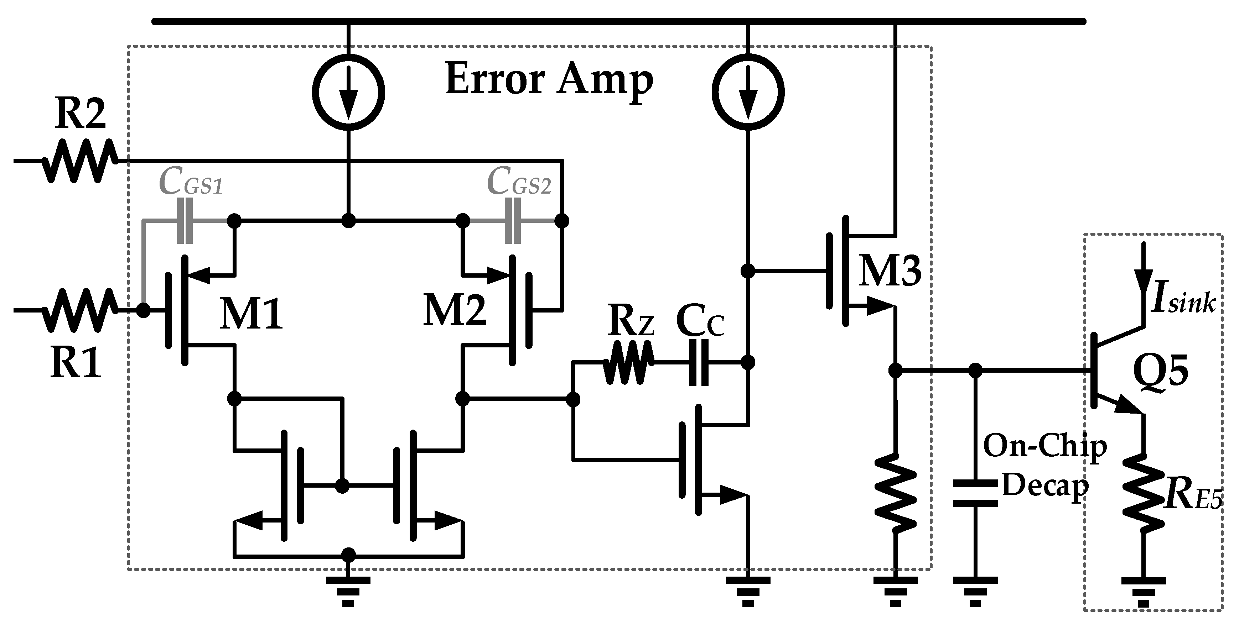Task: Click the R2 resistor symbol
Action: coord(79,161)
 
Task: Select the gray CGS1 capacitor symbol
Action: coord(185,221)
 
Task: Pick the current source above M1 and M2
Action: coord(348,92)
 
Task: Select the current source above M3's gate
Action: coord(748,92)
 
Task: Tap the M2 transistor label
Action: coord(454,311)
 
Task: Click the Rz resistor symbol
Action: coord(628,362)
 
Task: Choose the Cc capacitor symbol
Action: coord(699,362)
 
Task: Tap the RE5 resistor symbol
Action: coord(1144,493)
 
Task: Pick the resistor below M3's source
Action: coord(895,493)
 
